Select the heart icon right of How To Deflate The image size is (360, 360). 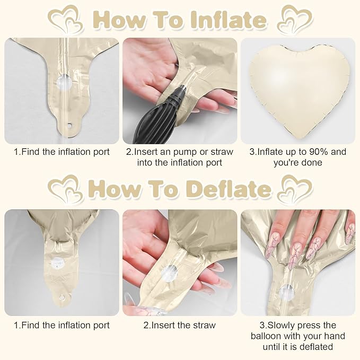[x=295, y=190]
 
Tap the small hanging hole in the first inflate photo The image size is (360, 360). [x=68, y=126]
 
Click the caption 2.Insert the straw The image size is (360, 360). [x=179, y=325]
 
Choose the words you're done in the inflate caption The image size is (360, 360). [x=297, y=163]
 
